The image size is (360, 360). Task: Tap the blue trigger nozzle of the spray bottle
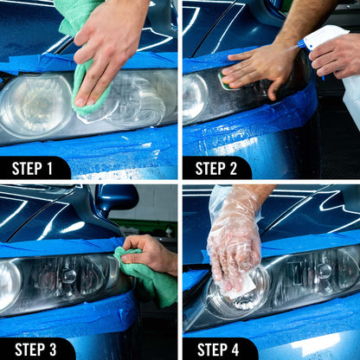[x=304, y=42]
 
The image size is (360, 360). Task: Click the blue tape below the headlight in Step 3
[x=69, y=316]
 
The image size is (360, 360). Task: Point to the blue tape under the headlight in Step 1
[x=87, y=145]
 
